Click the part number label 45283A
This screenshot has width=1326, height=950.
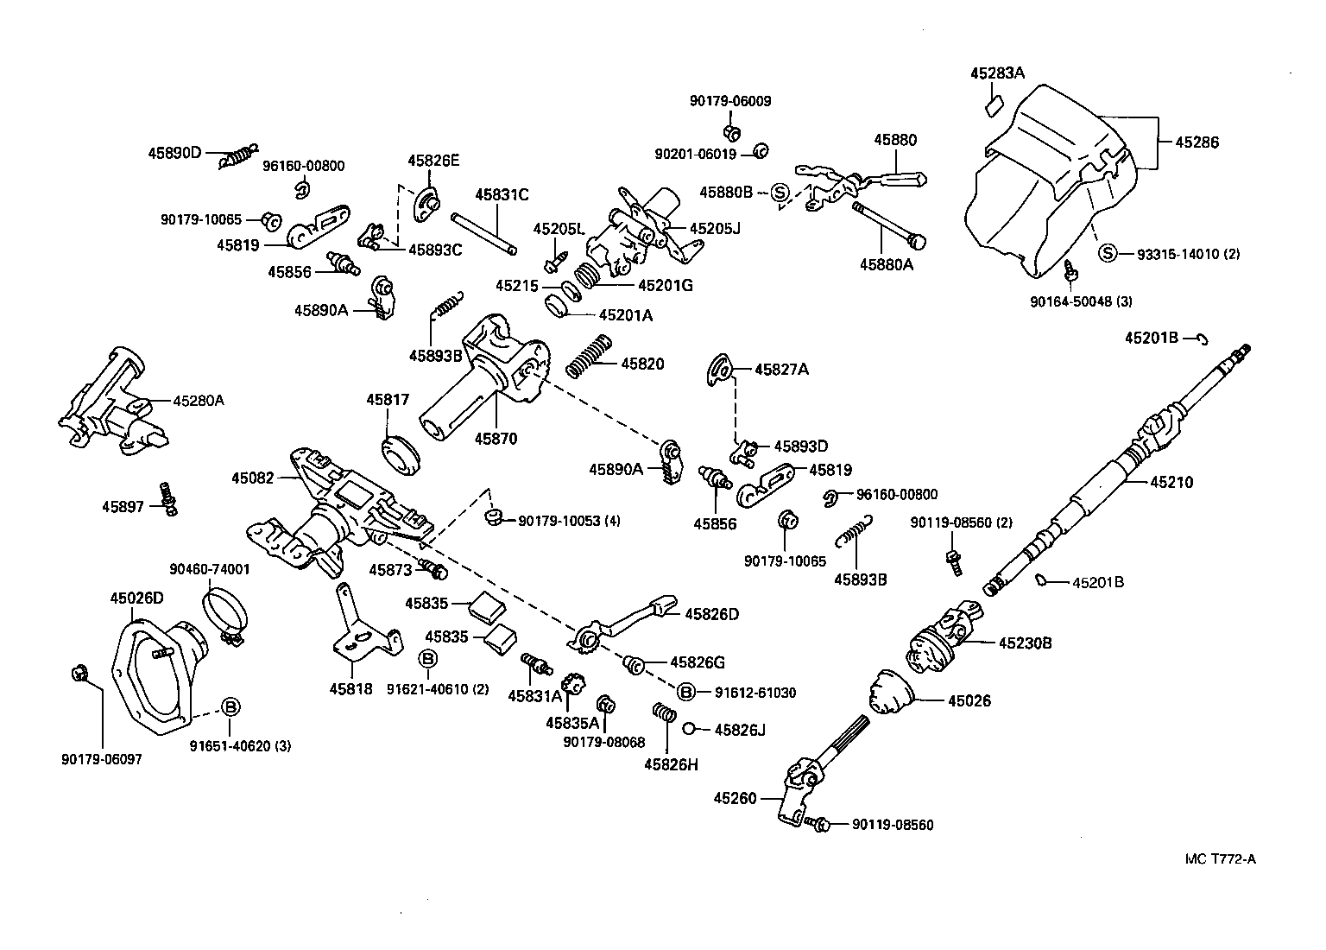point(996,74)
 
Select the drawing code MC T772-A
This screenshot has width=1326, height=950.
point(1220,858)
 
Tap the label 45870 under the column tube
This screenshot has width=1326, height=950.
point(496,439)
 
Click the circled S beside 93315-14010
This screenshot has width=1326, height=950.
point(1108,253)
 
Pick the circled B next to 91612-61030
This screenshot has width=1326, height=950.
point(685,692)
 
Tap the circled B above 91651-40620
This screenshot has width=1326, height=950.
point(230,706)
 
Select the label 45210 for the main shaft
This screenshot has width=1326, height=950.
point(1171,483)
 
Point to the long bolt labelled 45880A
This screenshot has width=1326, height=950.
point(889,223)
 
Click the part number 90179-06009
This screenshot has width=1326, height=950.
point(730,101)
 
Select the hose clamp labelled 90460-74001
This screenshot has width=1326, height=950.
point(226,617)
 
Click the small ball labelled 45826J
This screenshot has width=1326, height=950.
point(690,729)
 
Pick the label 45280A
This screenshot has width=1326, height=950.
point(198,401)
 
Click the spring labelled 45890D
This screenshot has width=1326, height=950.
point(238,156)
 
